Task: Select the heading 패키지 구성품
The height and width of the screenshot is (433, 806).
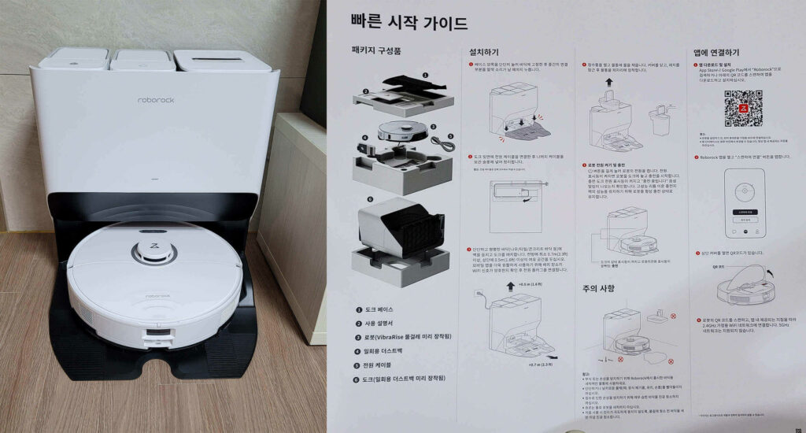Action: click(378, 51)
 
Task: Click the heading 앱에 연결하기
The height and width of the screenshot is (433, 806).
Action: click(716, 52)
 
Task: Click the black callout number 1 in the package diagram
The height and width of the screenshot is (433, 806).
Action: click(425, 76)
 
